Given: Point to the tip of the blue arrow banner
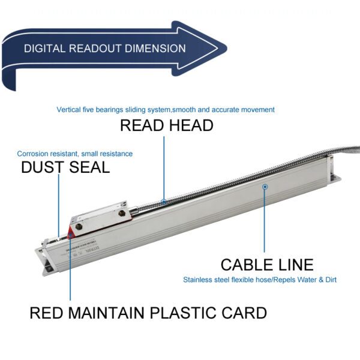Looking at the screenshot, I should point(226,48).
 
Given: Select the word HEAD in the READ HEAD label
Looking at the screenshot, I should point(190,125).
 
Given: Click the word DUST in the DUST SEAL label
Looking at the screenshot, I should point(42,167).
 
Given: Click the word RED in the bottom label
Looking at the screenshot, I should point(45,313).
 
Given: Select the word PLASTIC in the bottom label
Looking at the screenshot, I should point(187,313).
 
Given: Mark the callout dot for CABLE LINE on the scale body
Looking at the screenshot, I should point(265,187).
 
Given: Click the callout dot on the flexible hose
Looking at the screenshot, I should point(164,202).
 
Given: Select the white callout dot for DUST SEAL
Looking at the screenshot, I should point(58,238).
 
